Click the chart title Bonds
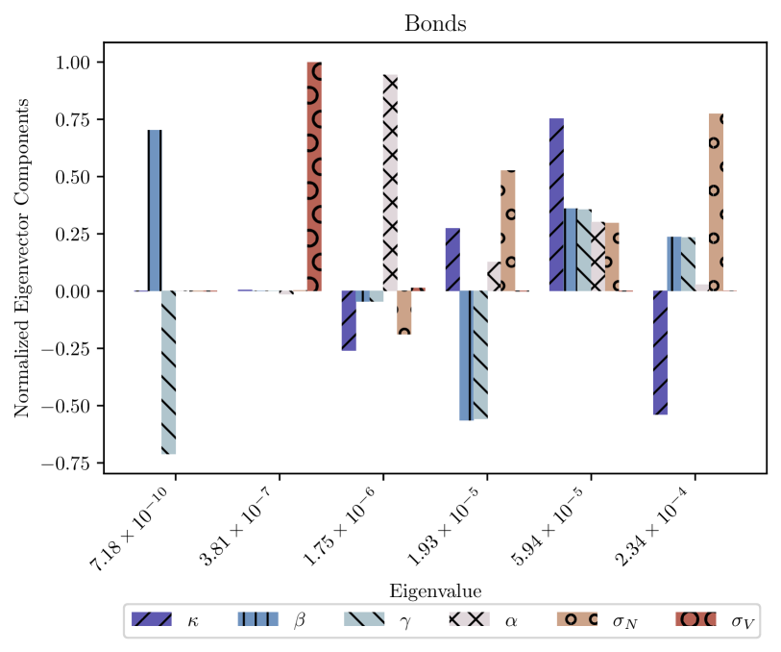[435, 23]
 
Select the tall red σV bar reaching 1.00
[314, 176]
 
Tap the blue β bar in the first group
[155, 211]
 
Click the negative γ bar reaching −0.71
[168, 372]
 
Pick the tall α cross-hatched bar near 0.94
[390, 183]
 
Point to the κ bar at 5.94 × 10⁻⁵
[556, 205]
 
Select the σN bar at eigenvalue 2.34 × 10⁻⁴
[716, 202]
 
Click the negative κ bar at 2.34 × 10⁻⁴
[661, 352]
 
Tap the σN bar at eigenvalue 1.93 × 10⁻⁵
[508, 231]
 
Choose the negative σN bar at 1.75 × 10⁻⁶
[403, 313]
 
